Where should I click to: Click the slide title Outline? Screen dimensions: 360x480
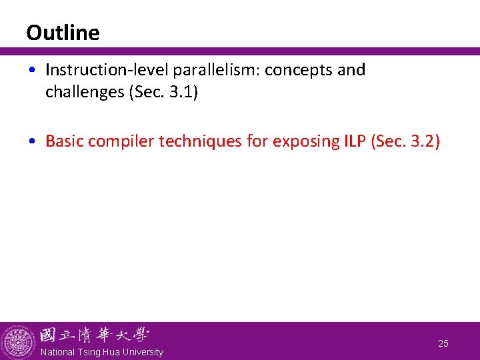click(63, 33)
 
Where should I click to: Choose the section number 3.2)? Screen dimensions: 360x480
click(423, 141)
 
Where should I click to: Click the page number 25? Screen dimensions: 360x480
click(443, 343)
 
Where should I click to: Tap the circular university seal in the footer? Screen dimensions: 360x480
click(19, 342)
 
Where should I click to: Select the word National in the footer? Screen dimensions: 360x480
click(57, 352)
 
